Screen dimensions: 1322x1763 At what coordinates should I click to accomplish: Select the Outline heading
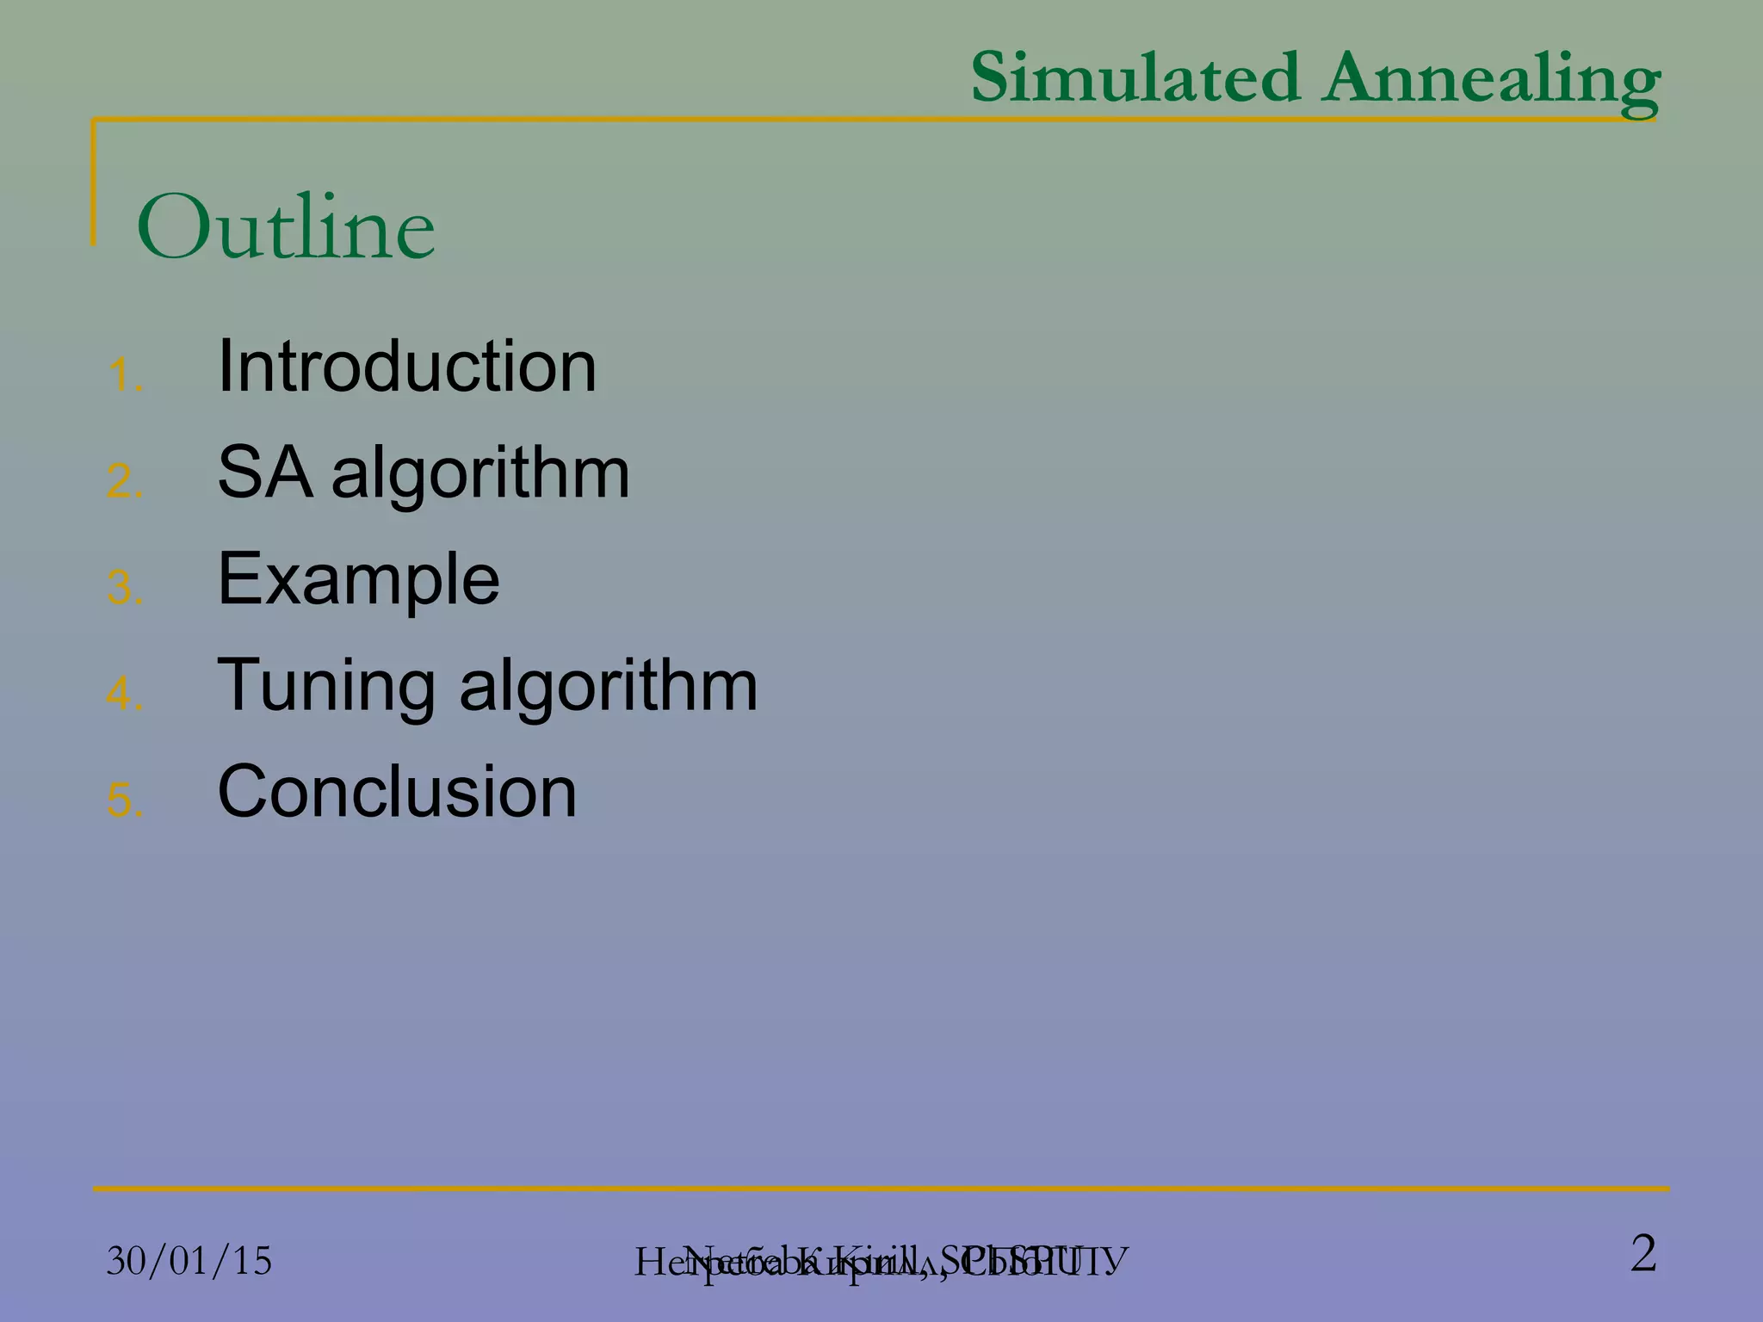click(x=286, y=227)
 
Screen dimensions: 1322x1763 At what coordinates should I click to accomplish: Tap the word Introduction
click(x=406, y=366)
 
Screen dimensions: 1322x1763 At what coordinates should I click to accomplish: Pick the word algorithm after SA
click(x=480, y=473)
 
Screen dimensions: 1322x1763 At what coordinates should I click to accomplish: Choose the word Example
click(x=358, y=579)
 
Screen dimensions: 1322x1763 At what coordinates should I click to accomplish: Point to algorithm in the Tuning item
click(x=608, y=686)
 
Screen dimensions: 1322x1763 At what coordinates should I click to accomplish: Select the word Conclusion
click(x=397, y=791)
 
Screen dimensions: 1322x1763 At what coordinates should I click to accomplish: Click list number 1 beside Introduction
click(x=124, y=375)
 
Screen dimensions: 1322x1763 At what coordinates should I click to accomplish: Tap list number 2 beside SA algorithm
click(x=124, y=481)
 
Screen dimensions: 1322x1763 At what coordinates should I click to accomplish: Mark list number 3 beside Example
click(x=124, y=588)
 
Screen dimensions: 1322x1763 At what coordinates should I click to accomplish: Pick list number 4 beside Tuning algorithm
click(x=124, y=694)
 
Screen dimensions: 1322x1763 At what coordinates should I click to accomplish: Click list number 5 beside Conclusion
click(x=124, y=800)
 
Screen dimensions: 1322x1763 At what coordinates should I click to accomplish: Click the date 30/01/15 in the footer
click(x=189, y=1261)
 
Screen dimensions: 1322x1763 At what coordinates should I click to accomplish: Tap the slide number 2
click(x=1642, y=1253)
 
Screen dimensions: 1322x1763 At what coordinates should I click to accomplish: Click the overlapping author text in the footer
click(x=881, y=1262)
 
